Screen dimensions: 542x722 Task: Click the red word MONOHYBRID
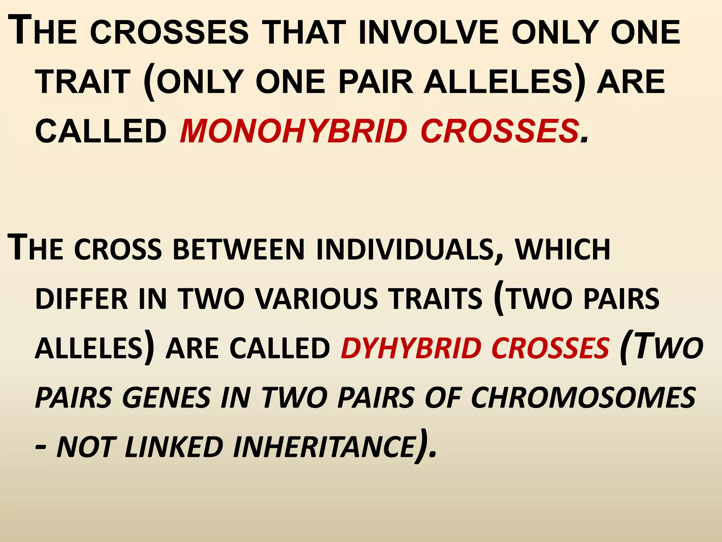[293, 131]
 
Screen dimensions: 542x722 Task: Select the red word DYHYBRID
[410, 349]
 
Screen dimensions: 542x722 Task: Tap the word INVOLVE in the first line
[428, 32]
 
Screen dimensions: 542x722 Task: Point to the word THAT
[305, 32]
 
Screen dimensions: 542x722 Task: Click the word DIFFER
[81, 299]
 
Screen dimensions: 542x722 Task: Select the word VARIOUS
[316, 299]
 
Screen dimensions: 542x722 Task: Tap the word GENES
[166, 398]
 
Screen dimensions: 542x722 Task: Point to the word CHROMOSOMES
[583, 398]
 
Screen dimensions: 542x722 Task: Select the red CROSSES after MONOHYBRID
[500, 131]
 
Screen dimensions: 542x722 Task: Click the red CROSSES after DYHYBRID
[550, 349]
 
